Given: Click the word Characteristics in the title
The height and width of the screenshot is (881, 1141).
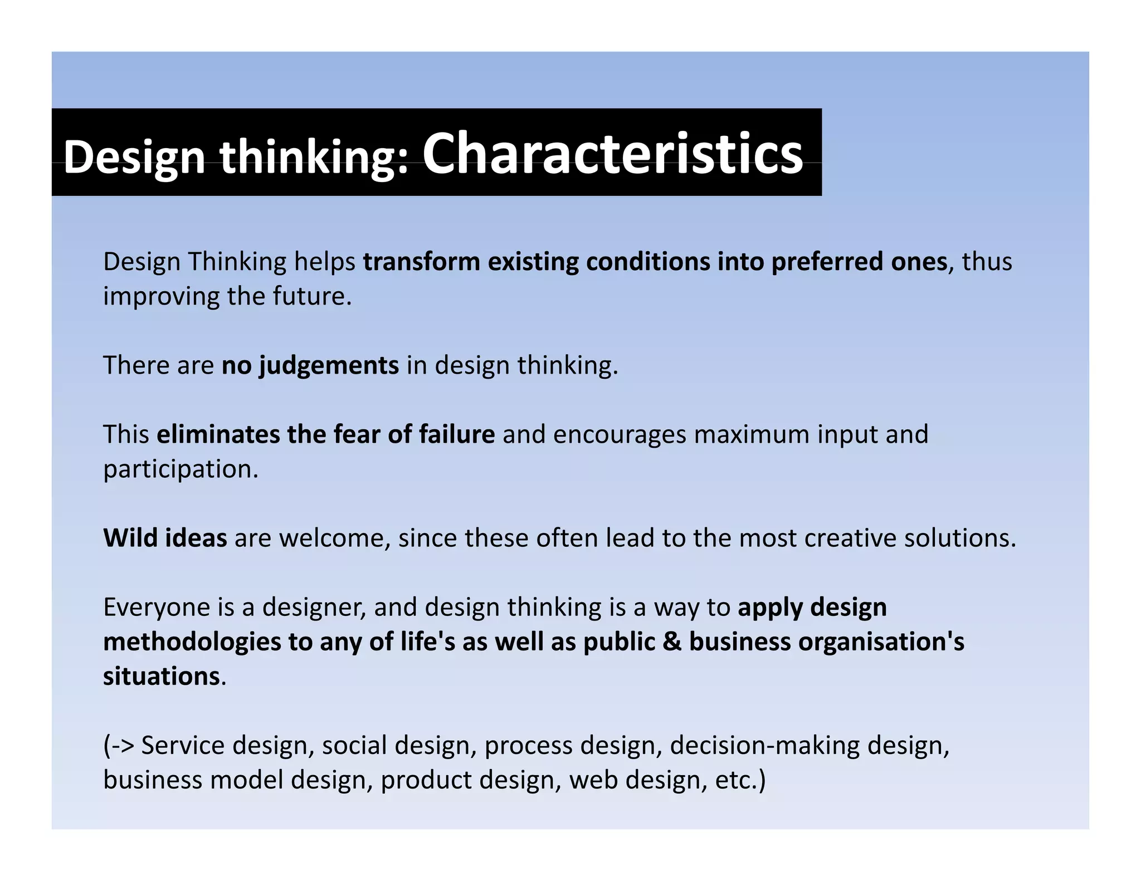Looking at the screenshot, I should click(x=612, y=154).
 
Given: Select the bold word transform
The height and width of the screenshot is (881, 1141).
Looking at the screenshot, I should click(x=422, y=262).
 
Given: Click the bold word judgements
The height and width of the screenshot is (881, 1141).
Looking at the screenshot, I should click(x=329, y=366).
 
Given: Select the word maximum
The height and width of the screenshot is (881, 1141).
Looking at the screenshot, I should click(x=751, y=434).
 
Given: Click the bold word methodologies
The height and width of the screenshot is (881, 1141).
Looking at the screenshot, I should click(x=192, y=642).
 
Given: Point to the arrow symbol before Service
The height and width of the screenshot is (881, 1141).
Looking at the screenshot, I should click(x=123, y=745).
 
